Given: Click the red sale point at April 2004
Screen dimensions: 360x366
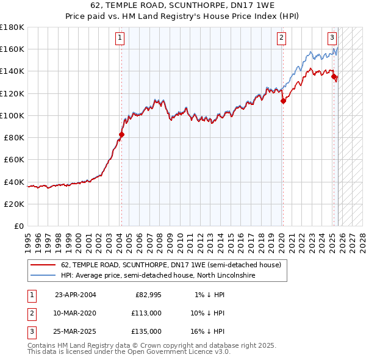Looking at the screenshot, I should tap(121, 134).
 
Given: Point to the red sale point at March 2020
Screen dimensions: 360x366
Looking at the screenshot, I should tap(283, 101).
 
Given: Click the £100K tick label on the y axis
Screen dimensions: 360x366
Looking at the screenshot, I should tap(12, 115).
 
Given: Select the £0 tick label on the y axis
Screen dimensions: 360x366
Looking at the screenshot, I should tap(19, 226).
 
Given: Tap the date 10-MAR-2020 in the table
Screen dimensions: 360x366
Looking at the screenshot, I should tap(75, 313).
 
